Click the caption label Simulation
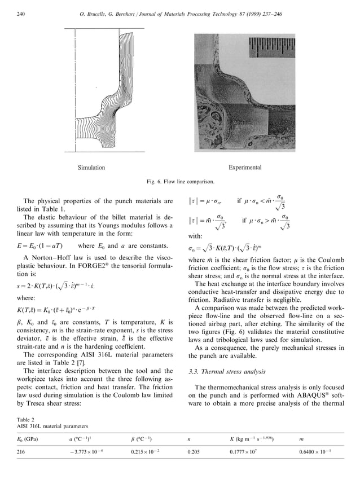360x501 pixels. pos(91,168)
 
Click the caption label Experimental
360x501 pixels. pos(244,168)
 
